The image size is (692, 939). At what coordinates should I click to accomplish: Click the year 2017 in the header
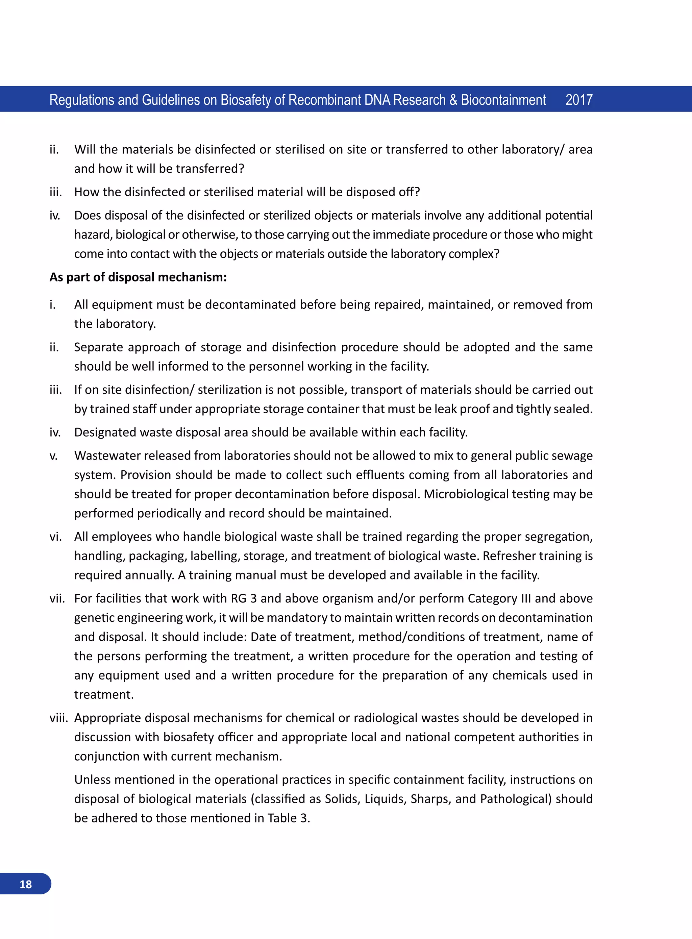click(578, 100)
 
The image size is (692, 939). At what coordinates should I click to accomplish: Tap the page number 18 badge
click(26, 884)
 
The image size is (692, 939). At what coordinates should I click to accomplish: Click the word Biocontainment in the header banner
click(503, 100)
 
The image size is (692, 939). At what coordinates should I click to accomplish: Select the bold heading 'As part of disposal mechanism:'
click(138, 277)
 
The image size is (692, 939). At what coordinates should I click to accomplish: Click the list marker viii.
click(58, 718)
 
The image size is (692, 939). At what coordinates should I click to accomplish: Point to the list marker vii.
click(57, 598)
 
